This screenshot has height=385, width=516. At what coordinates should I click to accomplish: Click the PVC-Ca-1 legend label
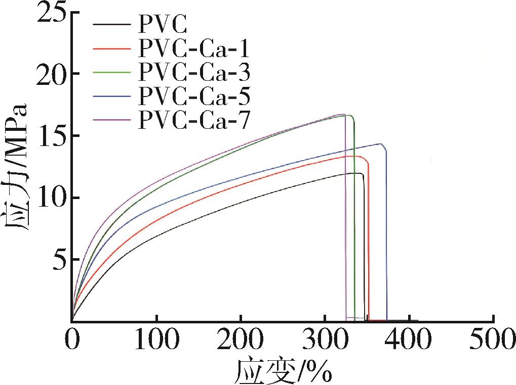(194, 50)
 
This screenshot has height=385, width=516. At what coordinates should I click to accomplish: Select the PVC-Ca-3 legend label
(194, 73)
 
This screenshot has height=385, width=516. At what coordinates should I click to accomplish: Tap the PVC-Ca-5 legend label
(194, 96)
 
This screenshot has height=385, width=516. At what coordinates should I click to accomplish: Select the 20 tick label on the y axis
(52, 74)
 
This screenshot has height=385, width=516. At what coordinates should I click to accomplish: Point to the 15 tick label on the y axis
(52, 135)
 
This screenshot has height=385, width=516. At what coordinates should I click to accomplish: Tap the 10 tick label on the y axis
(52, 198)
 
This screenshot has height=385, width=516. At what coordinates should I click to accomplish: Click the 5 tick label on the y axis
(60, 260)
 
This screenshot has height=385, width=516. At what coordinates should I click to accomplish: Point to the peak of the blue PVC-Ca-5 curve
(381, 144)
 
